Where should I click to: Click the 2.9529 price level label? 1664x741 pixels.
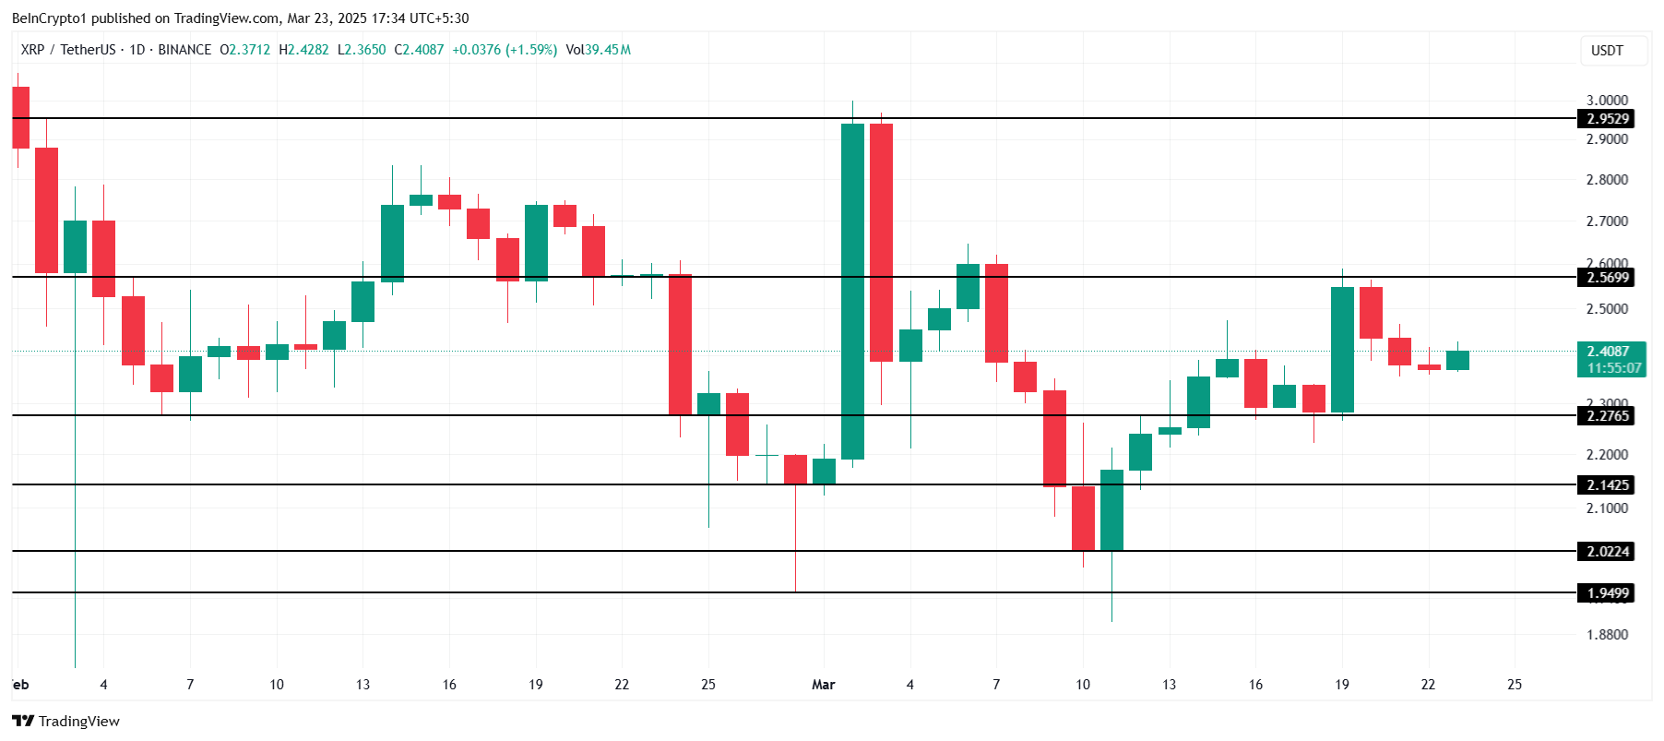tap(1607, 119)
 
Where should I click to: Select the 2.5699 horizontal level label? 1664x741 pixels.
tap(1607, 278)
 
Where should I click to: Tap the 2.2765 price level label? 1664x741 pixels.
tap(1607, 416)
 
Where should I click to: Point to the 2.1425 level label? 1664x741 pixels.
tap(1607, 485)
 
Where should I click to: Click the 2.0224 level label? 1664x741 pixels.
tap(1607, 552)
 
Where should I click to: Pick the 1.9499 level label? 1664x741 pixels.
tap(1607, 593)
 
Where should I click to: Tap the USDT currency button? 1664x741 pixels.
tap(1607, 51)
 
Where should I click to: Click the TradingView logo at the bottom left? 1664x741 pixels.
tap(65, 721)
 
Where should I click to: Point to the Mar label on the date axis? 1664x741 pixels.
tap(823, 685)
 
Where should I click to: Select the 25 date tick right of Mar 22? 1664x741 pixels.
tap(1515, 685)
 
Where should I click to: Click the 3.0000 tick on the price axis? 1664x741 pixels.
tap(1607, 101)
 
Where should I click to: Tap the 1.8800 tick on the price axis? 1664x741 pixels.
tap(1607, 635)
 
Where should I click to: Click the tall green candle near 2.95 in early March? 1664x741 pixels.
tap(852, 291)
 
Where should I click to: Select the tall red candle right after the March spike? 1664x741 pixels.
tap(881, 242)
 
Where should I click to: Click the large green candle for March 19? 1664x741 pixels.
tap(1342, 350)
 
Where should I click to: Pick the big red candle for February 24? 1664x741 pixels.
tap(680, 344)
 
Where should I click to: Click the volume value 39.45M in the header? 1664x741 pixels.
tap(608, 50)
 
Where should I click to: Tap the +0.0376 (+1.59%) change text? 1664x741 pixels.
tap(505, 50)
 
